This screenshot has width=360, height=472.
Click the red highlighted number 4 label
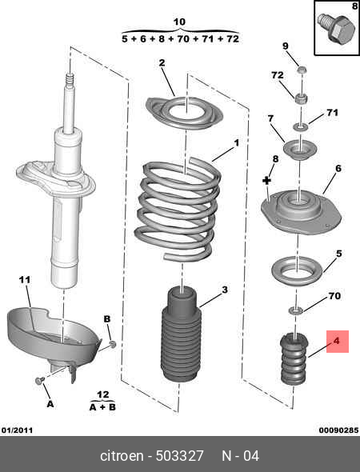pos(338,342)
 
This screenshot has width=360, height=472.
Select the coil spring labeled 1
pos(178,209)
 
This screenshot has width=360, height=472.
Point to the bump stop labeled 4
pos(294,358)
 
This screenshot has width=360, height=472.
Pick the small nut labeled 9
pos(302,70)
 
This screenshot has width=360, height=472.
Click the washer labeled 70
pos(296,310)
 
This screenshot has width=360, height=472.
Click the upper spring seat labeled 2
pos(184,113)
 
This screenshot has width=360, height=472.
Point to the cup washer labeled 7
pos(300,150)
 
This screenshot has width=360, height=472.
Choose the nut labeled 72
pos(301,98)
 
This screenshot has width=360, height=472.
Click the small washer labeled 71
pos(301,126)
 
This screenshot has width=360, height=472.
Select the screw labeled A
pos(40,381)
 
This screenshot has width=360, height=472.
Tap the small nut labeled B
pos(113,344)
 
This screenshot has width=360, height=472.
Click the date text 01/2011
pos(17,430)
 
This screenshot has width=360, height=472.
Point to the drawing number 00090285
pos(339,430)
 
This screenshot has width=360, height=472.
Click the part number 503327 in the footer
pos(180,456)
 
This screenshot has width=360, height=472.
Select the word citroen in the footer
pos(122,456)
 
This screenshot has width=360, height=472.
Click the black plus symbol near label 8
pos(266,180)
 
